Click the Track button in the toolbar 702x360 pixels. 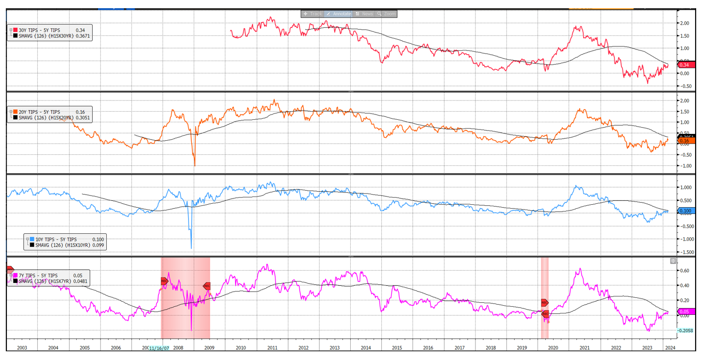click(313, 14)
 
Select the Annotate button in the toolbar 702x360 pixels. click(339, 14)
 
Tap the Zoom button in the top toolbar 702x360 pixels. click(387, 14)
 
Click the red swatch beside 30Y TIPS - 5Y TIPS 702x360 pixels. click(15, 31)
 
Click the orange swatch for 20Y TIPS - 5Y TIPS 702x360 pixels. click(15, 112)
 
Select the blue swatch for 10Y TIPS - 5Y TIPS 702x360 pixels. click(33, 239)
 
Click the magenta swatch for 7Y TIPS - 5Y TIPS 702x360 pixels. click(15, 276)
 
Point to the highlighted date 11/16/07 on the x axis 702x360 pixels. click(159, 348)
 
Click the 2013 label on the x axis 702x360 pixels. click(335, 348)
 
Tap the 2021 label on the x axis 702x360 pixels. click(585, 348)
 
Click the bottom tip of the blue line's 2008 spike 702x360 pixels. click(191, 248)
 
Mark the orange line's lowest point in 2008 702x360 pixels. click(195, 166)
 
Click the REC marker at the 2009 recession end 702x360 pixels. click(207, 286)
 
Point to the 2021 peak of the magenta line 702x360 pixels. click(580, 269)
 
